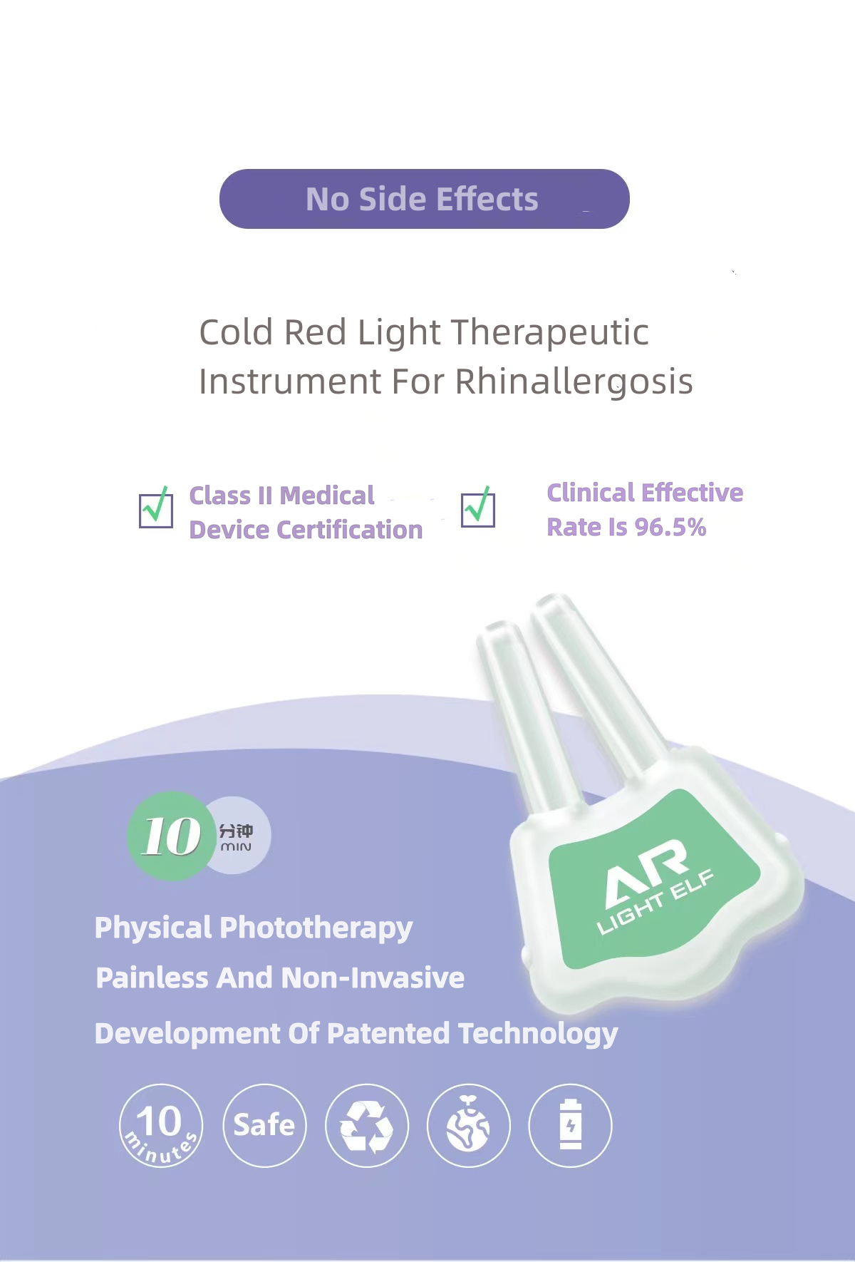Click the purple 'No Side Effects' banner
click(x=424, y=199)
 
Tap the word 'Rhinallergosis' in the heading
click(x=574, y=382)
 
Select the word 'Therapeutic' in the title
click(x=550, y=333)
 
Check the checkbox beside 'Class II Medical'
click(x=156, y=508)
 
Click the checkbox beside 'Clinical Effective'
click(x=478, y=508)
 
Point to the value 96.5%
click(x=670, y=528)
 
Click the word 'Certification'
click(x=350, y=530)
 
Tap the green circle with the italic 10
click(x=172, y=836)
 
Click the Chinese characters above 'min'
click(x=236, y=831)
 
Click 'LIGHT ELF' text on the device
click(x=655, y=901)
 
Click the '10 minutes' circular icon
click(x=161, y=1125)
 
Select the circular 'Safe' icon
click(x=265, y=1125)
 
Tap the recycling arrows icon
click(x=367, y=1125)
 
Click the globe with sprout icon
click(x=469, y=1125)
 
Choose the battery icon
click(x=570, y=1125)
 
